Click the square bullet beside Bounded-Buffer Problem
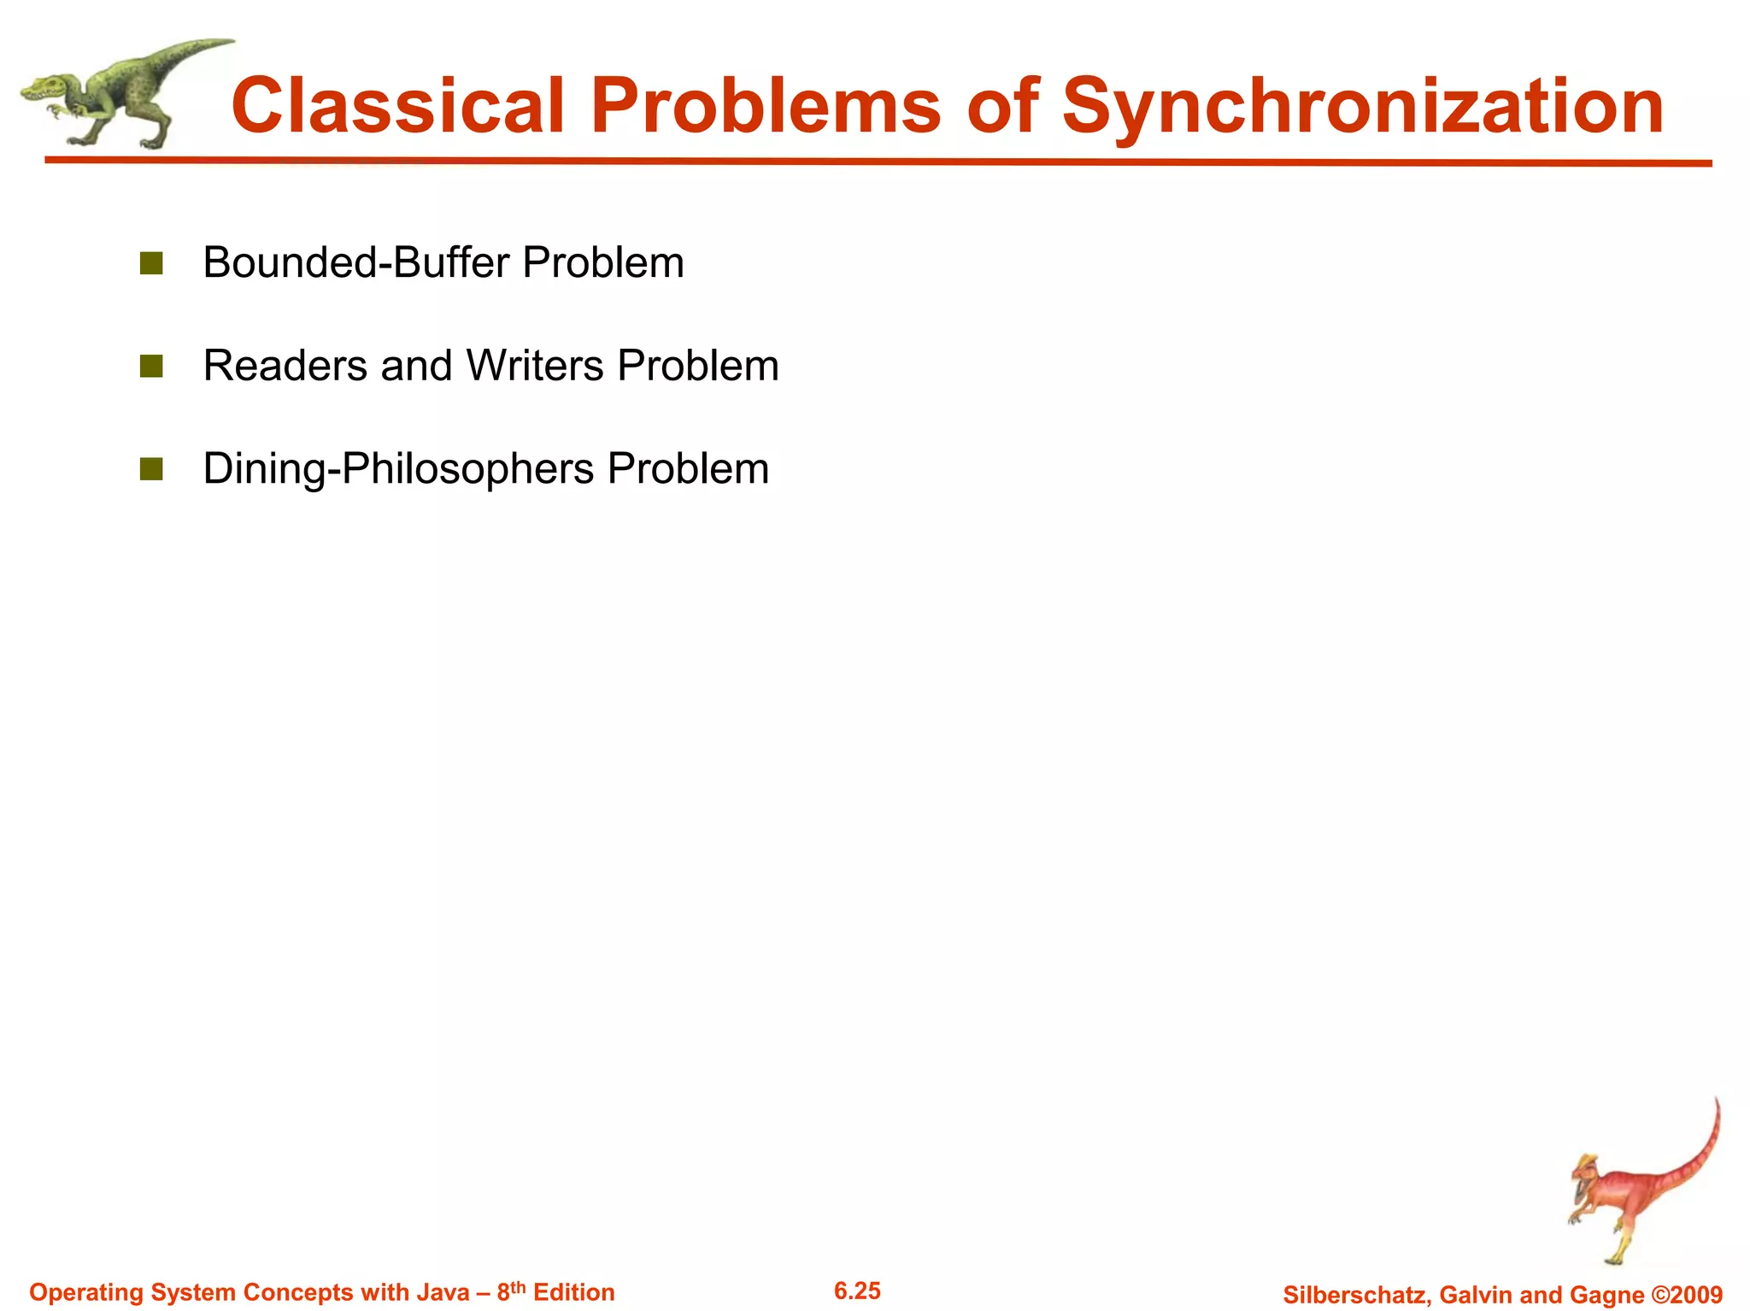151,263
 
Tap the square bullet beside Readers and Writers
151,367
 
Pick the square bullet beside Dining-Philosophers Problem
151,469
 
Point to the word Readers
285,366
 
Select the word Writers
535,366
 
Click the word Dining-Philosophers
398,469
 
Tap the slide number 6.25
857,1290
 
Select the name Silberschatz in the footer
1356,1295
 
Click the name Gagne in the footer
1609,1295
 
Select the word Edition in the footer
573,1292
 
